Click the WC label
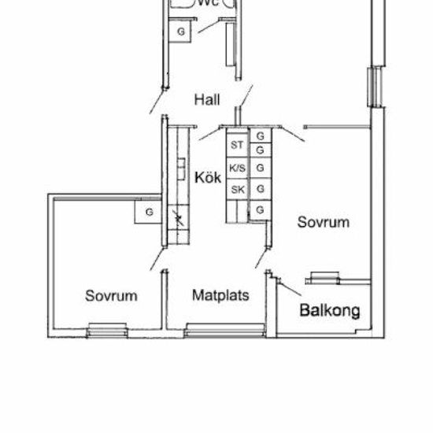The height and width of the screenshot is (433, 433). (208, 3)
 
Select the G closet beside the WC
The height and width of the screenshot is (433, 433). (181, 31)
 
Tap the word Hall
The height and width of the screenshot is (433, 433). (206, 100)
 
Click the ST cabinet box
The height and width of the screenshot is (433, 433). (237, 146)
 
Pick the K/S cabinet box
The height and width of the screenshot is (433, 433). (237, 168)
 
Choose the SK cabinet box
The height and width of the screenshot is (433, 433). (237, 190)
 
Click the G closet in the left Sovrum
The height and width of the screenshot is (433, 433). (148, 212)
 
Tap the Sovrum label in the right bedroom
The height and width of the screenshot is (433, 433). (323, 223)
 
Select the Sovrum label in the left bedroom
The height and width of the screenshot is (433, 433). (111, 296)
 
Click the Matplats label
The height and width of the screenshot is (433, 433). (221, 296)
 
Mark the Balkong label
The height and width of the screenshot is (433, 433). (330, 310)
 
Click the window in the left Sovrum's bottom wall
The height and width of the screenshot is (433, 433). (107, 329)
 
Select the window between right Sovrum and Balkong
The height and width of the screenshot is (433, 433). (326, 277)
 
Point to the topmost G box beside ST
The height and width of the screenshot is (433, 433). (260, 135)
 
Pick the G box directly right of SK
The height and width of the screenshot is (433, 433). (260, 190)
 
